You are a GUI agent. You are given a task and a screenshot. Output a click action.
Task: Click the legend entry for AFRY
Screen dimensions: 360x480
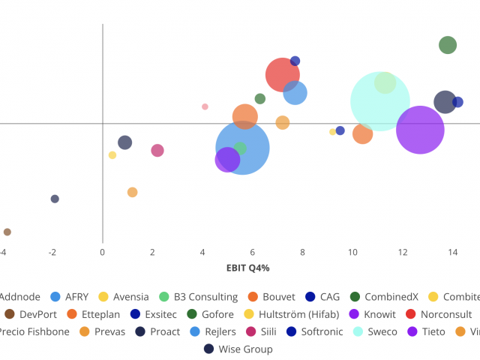[76, 297]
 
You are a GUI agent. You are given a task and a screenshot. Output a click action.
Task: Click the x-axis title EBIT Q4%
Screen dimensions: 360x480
[247, 268]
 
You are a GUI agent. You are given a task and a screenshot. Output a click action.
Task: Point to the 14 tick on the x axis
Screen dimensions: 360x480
[453, 253]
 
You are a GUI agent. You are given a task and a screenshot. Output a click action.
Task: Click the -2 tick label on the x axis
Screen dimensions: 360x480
[52, 253]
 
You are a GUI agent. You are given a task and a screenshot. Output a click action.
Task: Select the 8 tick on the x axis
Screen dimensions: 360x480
[302, 253]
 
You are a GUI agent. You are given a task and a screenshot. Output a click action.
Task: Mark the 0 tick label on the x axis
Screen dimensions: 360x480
[103, 253]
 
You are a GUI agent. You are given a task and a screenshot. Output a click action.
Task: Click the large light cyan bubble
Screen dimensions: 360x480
[380, 101]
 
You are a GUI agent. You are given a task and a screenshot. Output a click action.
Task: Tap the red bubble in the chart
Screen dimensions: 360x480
[283, 74]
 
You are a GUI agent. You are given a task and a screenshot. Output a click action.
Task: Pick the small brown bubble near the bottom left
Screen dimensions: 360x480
[7, 232]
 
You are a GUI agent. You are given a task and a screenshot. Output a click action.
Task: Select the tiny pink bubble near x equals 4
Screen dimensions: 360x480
[205, 106]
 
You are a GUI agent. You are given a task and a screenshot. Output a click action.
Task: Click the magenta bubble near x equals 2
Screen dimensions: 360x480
[157, 150]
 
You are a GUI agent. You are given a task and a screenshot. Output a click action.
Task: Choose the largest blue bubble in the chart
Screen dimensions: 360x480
[242, 148]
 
